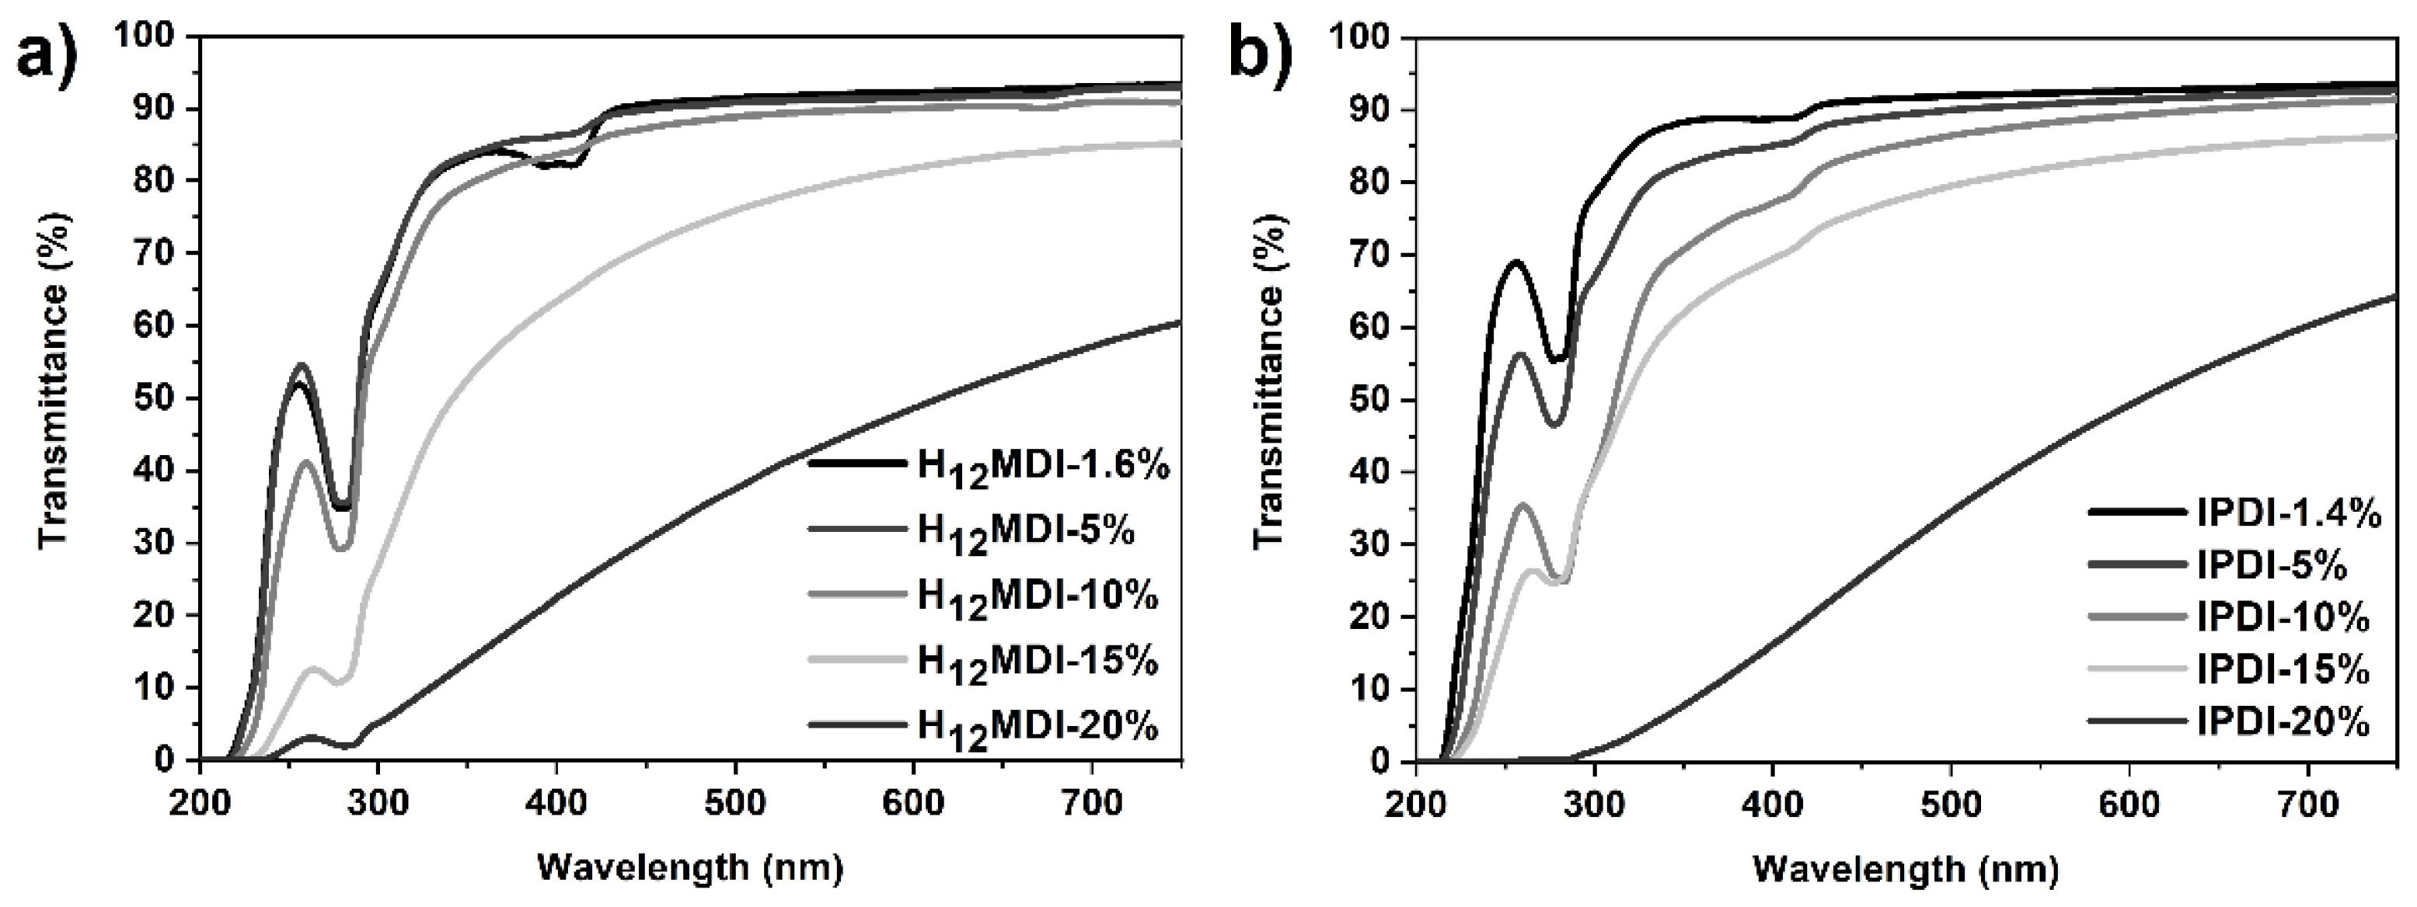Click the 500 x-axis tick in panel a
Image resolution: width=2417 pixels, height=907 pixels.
734,804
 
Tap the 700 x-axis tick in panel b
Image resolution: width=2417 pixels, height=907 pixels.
2307,804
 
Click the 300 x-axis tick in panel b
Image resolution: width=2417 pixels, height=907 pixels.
1594,804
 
